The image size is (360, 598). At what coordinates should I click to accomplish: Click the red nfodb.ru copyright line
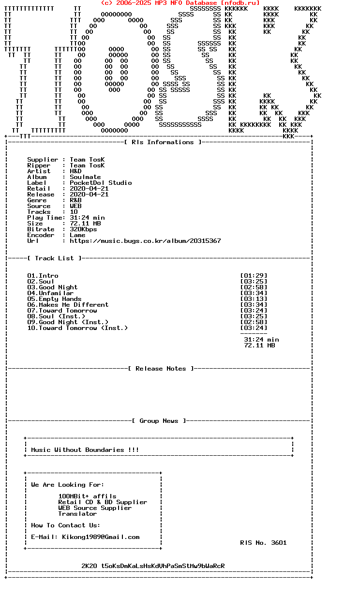pos(180,3)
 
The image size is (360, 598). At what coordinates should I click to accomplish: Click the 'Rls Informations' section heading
pos(163,142)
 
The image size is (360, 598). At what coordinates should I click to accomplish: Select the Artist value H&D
pos(75,171)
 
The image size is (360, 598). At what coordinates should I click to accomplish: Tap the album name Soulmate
pos(85,177)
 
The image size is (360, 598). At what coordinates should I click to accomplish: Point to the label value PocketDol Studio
pos(101,183)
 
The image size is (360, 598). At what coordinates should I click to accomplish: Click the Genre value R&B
pos(75,200)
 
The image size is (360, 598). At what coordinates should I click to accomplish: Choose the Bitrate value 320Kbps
pos(83,229)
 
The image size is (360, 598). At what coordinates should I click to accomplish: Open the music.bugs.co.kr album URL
pos(145,241)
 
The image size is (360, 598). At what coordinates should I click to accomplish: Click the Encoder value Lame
pos(77,235)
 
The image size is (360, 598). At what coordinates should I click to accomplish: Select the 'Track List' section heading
pos(54,258)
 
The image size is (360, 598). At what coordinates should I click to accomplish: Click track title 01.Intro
pos(43,276)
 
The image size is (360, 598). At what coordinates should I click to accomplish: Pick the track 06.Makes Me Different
pos(68,305)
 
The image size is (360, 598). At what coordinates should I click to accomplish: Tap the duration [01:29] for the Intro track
pos(254,276)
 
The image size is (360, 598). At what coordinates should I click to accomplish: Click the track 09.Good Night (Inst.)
pos(68,322)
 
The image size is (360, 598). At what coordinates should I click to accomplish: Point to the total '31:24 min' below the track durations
pos(261,340)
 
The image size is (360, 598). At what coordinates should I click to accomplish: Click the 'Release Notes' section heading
pos(161,369)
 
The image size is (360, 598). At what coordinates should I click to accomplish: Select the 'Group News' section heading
pos(159,421)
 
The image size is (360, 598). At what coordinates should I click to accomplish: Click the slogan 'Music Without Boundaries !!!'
pos(85,450)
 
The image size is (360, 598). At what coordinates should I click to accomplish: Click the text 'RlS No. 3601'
pos(263,543)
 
